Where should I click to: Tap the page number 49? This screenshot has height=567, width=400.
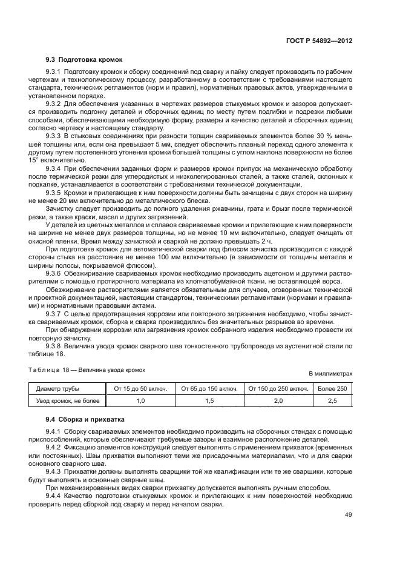click(x=348, y=515)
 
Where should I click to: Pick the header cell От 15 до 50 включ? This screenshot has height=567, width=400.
click(x=141, y=388)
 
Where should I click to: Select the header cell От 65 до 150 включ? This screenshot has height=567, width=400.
click(x=209, y=388)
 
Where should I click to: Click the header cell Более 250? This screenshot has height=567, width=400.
click(x=332, y=388)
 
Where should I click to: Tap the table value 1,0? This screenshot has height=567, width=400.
click(x=141, y=400)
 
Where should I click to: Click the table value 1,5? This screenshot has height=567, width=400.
click(x=209, y=400)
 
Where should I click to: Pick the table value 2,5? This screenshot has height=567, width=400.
click(x=332, y=400)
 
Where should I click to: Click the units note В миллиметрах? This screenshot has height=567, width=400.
click(x=330, y=374)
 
